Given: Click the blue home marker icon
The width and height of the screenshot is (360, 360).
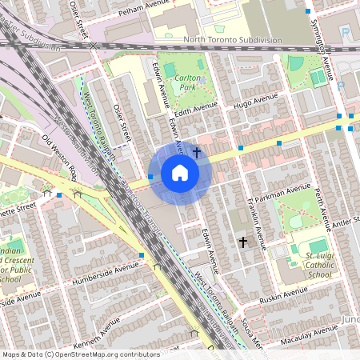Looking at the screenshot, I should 179,172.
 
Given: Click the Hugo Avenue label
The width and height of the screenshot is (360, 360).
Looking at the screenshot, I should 254,101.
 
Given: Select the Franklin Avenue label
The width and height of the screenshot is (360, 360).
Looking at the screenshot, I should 254,214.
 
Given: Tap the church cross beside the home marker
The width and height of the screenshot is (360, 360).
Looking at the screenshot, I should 197,150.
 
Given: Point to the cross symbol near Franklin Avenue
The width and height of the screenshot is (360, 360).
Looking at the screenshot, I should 243,241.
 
